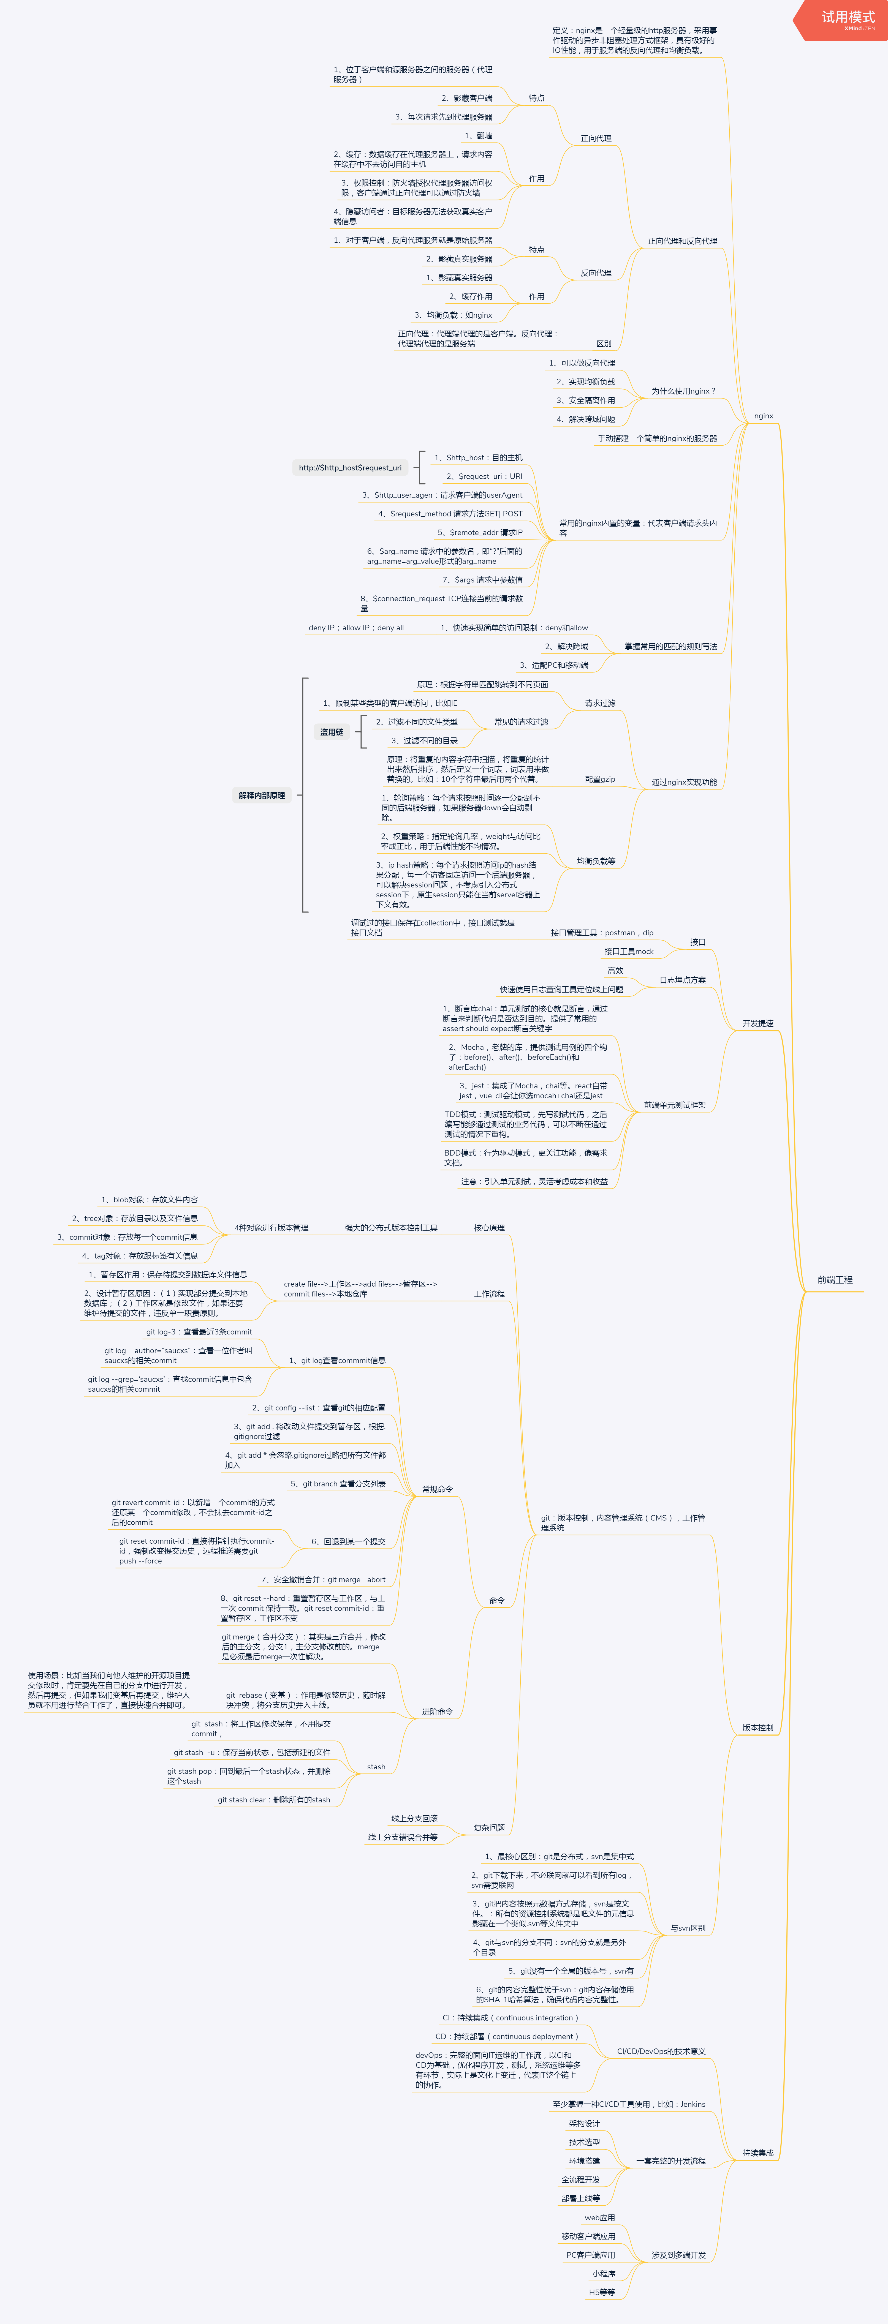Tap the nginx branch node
(x=764, y=416)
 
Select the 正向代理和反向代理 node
(x=682, y=241)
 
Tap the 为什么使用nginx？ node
(x=683, y=391)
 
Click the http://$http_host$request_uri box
(x=350, y=467)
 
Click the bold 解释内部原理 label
(x=262, y=795)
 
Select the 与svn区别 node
(x=688, y=1928)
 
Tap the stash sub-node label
(x=376, y=1766)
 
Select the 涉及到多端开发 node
(x=679, y=2255)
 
